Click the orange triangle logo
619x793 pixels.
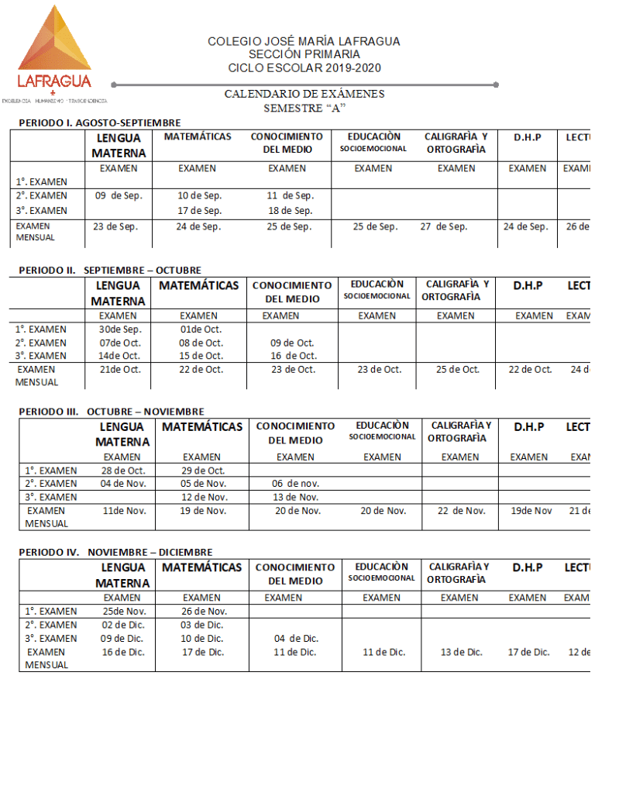pyautogui.click(x=53, y=43)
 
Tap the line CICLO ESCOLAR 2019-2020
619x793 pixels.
pyautogui.click(x=304, y=68)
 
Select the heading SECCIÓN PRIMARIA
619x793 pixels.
pyautogui.click(x=304, y=54)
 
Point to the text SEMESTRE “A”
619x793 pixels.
pyautogui.click(x=304, y=108)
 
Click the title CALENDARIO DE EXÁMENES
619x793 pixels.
pyautogui.click(x=304, y=95)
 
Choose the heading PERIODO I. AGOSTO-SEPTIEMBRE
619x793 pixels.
pyautogui.click(x=100, y=122)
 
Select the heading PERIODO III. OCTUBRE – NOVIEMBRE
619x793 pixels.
pyautogui.click(x=112, y=412)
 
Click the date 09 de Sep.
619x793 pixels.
pyautogui.click(x=119, y=196)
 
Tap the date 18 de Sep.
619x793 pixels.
pyautogui.click(x=291, y=211)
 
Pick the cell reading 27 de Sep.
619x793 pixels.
pyautogui.click(x=444, y=227)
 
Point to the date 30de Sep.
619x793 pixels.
pyautogui.click(x=120, y=329)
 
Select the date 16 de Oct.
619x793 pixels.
pyautogui.click(x=292, y=356)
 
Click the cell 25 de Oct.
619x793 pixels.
pyautogui.click(x=457, y=370)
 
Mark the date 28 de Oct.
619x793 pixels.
pyautogui.click(x=123, y=471)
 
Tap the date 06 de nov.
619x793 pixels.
pyautogui.click(x=295, y=484)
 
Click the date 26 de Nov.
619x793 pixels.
pyautogui.click(x=203, y=612)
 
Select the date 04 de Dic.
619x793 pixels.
pyautogui.click(x=296, y=639)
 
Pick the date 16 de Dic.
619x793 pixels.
pyautogui.click(x=123, y=653)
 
